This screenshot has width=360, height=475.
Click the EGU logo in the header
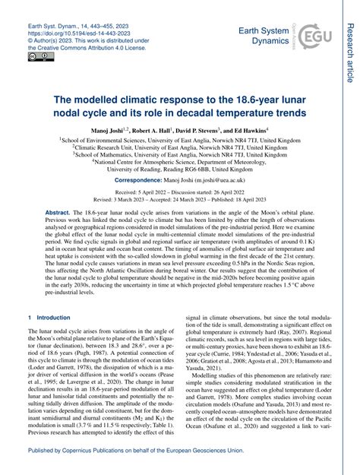point(313,36)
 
